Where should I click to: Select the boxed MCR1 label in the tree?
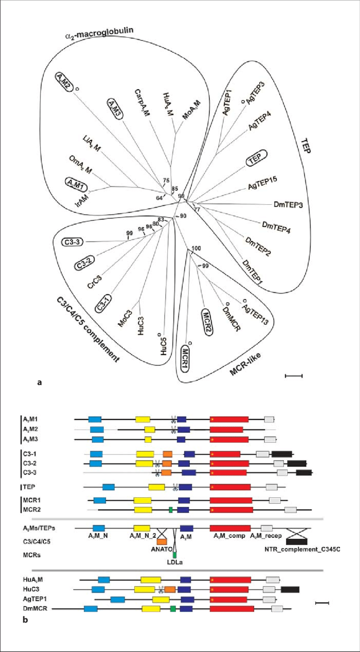pos(185,358)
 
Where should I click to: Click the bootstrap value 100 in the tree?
pos(196,248)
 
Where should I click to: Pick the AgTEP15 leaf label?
pos(263,183)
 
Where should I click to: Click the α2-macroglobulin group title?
pos(99,33)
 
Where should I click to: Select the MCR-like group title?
pos(245,364)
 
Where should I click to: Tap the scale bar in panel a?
pos(294,375)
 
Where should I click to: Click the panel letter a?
pos(40,383)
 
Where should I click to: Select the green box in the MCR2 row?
pos(171,510)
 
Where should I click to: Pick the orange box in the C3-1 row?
pos(167,454)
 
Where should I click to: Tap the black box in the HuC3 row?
pos(290,589)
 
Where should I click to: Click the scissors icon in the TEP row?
pos(174,487)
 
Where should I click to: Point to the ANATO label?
pos(161,549)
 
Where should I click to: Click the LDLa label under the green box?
pos(174,562)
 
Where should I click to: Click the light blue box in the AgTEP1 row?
pos(118,599)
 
